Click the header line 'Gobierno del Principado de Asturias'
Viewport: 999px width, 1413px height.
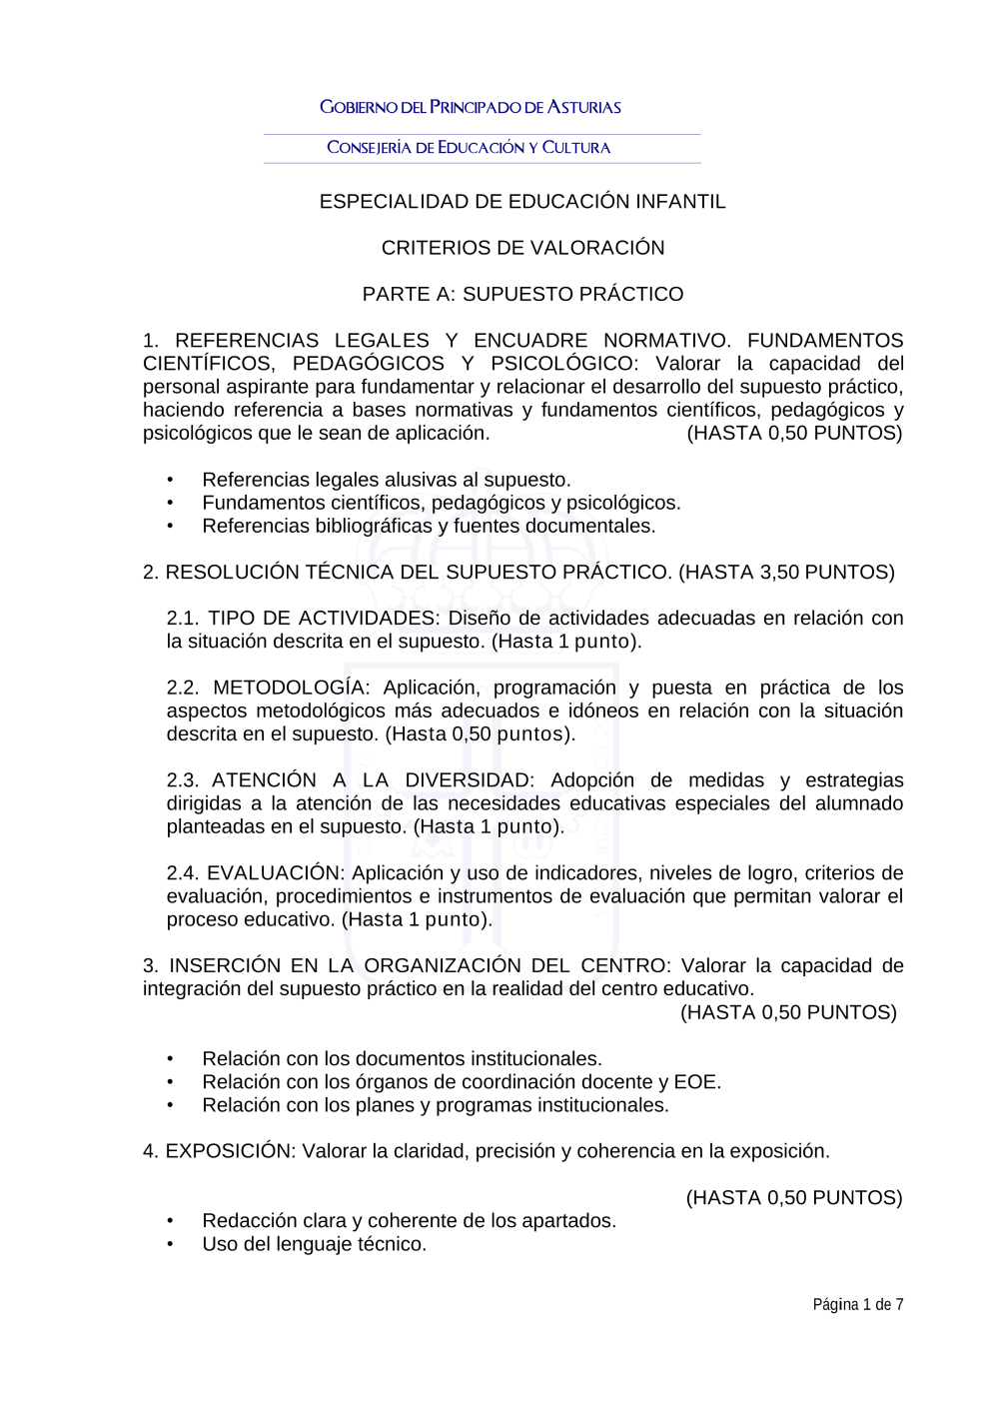click(471, 107)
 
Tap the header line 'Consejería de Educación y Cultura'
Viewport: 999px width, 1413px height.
click(469, 148)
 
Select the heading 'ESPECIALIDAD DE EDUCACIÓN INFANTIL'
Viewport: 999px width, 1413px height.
click(522, 202)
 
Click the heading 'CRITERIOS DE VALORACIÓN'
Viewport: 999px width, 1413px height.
click(522, 248)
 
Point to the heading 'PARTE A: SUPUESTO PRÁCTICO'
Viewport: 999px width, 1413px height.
click(522, 294)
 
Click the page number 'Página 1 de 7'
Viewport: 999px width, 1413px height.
click(857, 1304)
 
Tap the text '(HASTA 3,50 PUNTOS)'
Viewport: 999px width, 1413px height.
click(786, 573)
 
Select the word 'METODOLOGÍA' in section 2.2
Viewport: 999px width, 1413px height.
click(289, 688)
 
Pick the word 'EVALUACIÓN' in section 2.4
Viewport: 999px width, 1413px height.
click(273, 873)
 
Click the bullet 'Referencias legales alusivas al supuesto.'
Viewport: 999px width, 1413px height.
click(386, 480)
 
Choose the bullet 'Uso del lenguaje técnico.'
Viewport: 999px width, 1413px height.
click(314, 1244)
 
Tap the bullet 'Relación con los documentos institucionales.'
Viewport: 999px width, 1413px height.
click(402, 1059)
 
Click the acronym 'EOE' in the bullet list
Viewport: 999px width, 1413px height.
click(695, 1082)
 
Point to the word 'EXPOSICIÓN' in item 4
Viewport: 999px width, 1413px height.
click(230, 1151)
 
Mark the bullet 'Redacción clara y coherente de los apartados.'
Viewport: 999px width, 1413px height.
click(409, 1221)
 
